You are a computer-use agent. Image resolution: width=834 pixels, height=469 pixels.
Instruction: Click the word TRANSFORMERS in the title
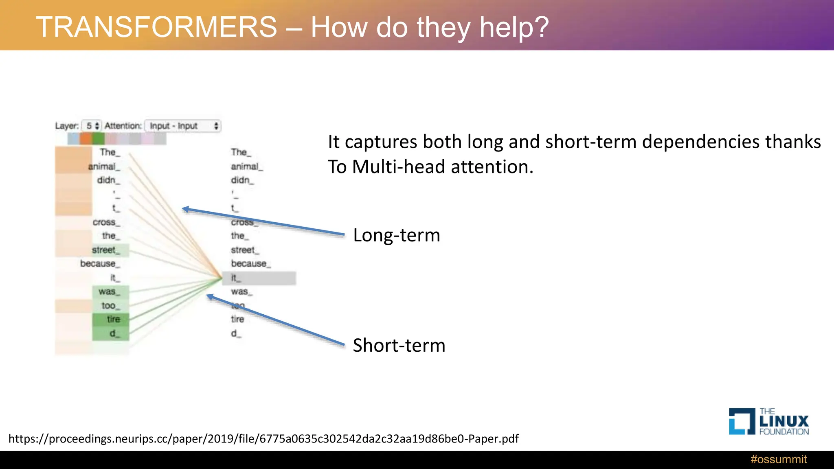tap(156, 27)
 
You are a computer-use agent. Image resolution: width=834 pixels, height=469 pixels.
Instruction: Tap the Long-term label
tap(396, 235)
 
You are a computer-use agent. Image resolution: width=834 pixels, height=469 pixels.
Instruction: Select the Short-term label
tap(399, 345)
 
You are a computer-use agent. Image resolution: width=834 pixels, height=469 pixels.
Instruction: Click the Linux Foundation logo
tap(768, 422)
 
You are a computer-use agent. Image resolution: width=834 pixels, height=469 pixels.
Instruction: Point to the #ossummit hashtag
tap(778, 459)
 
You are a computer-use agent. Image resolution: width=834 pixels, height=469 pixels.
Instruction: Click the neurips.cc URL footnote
tap(263, 438)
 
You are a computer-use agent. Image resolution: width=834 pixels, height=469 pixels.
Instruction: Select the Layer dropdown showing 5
tap(92, 126)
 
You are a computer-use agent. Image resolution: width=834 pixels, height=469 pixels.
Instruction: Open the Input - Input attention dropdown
tap(183, 126)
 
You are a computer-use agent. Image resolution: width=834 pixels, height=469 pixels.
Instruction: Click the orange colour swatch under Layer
tap(86, 139)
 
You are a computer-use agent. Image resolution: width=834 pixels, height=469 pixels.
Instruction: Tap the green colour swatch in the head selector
tap(98, 139)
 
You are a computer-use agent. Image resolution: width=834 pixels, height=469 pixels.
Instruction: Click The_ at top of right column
tap(241, 152)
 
